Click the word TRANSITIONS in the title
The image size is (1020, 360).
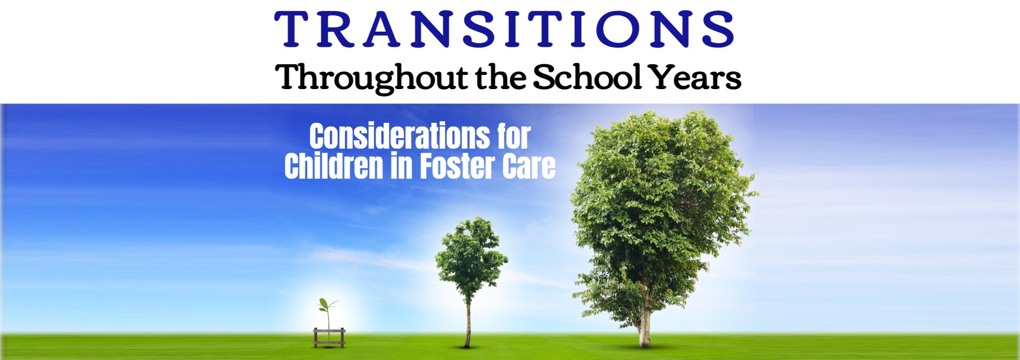pos(504,30)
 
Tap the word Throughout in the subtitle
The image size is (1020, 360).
pos(371,78)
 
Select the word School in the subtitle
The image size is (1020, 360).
pos(587,77)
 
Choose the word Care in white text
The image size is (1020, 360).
pos(528,167)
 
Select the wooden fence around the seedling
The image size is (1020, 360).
pos(329,337)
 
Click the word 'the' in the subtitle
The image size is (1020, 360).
pos(501,77)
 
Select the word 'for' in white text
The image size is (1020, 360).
pos(514,137)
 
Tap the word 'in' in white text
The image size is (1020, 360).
pos(401,167)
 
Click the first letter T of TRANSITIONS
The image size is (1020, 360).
pos(291,30)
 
